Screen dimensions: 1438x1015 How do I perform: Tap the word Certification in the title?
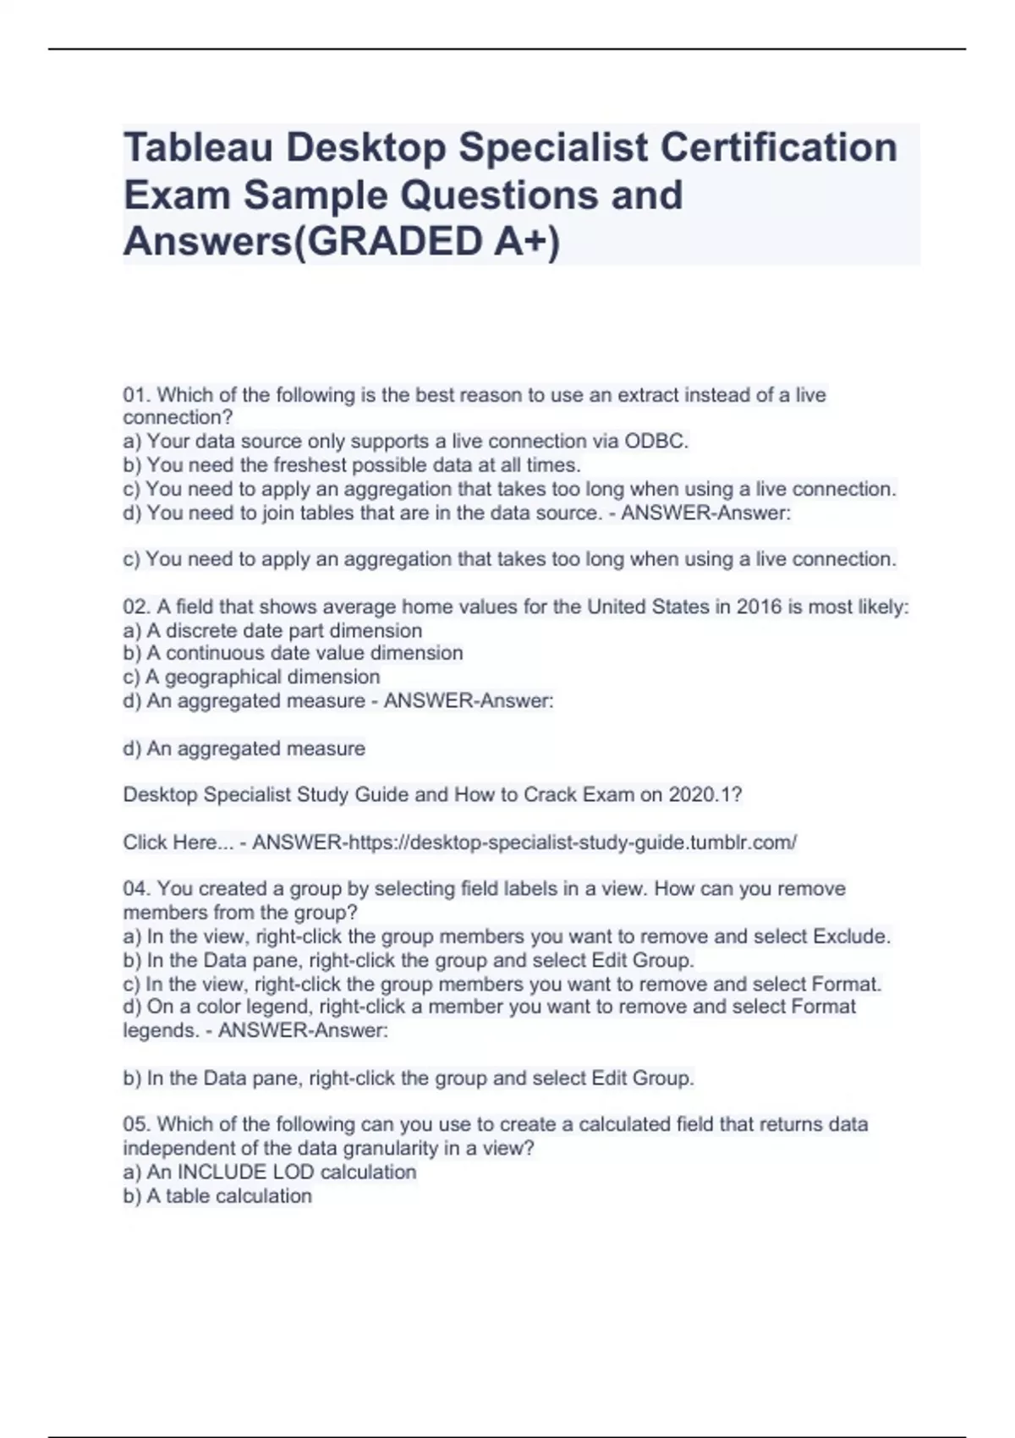point(778,148)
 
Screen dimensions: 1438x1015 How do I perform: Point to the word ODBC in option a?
point(656,441)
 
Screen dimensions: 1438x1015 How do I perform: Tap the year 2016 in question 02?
point(759,606)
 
